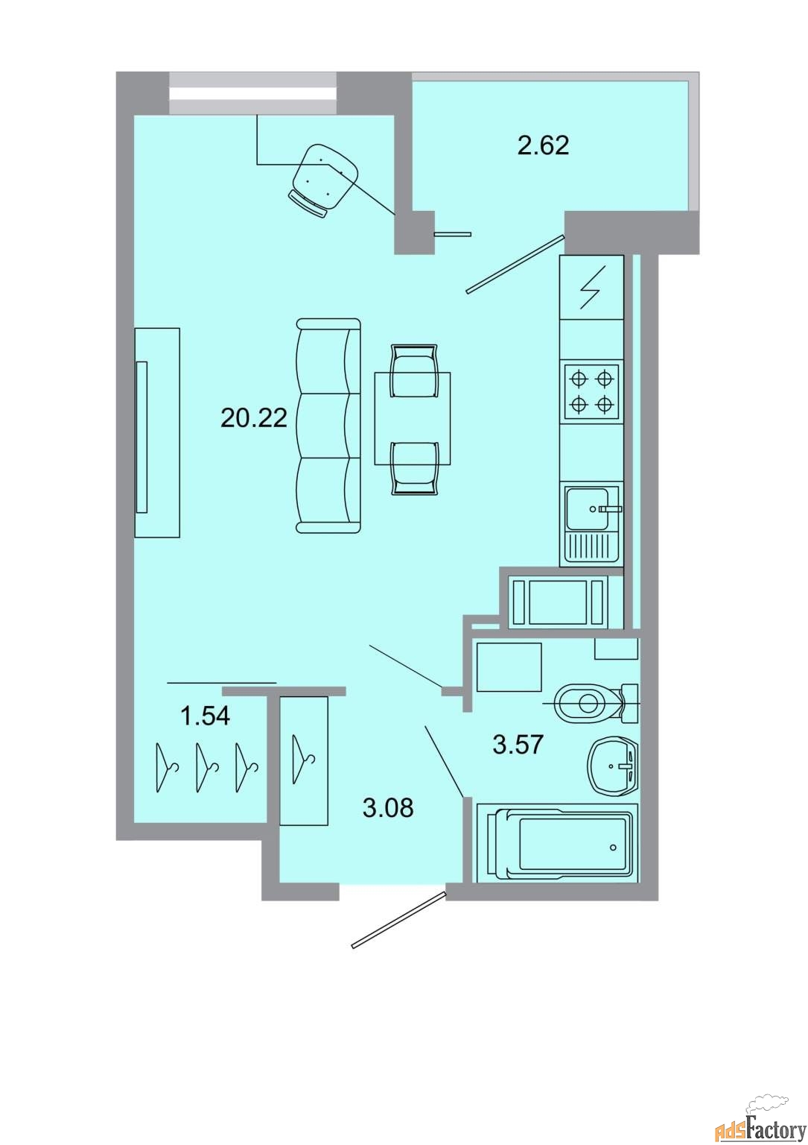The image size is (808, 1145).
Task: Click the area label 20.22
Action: pos(253,418)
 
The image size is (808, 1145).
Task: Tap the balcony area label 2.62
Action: pos(543,145)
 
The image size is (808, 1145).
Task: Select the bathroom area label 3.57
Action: pos(518,744)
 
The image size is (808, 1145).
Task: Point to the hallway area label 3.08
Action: pos(387,807)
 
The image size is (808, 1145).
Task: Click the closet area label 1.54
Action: pos(205,716)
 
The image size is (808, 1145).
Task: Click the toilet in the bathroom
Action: pos(592,703)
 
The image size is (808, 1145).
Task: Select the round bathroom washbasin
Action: pos(613,766)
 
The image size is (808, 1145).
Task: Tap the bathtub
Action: pos(559,843)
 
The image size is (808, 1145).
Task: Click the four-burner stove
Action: pos(591,392)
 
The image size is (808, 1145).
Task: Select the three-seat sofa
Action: pos(328,426)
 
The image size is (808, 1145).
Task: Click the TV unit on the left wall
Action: pos(156,432)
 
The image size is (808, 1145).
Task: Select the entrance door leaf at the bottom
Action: pos(398,920)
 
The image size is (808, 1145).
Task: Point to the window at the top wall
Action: pos(252,93)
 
